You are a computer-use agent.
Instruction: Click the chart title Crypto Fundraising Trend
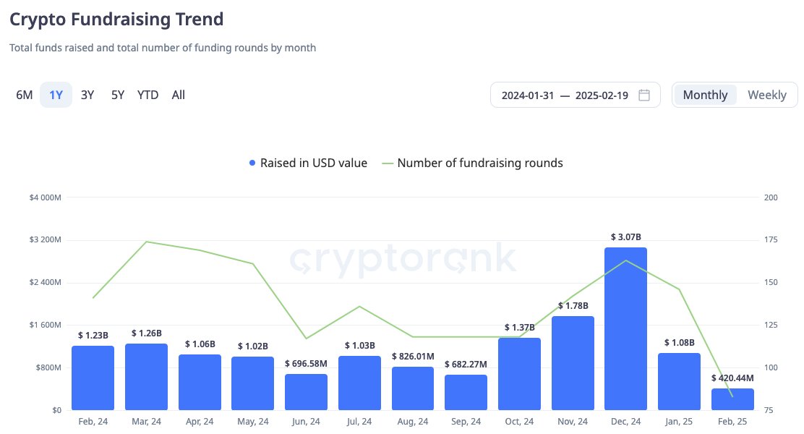click(x=116, y=19)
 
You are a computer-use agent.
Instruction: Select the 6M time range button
click(x=25, y=95)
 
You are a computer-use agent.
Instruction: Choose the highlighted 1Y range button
click(x=56, y=95)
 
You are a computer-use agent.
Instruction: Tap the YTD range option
click(x=147, y=95)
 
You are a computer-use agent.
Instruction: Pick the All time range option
click(x=179, y=95)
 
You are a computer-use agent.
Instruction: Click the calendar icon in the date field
click(x=644, y=95)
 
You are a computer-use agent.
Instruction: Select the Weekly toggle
click(x=766, y=95)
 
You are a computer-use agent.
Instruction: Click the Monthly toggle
click(x=705, y=95)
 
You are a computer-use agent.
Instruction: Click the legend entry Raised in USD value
click(x=308, y=163)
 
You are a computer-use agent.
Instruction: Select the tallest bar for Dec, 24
click(x=625, y=329)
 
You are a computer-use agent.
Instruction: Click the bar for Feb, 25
click(x=732, y=399)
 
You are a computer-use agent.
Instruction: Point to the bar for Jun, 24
click(x=306, y=392)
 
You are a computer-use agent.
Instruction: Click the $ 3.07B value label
click(x=625, y=237)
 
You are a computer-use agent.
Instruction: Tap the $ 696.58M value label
click(x=306, y=363)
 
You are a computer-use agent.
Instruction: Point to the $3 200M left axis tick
click(x=44, y=239)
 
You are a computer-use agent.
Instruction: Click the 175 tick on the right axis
click(x=771, y=239)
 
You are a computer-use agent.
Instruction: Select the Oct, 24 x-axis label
click(x=519, y=422)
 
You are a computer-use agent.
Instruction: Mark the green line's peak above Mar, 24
click(x=146, y=242)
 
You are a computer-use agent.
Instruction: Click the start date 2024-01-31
click(x=528, y=95)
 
